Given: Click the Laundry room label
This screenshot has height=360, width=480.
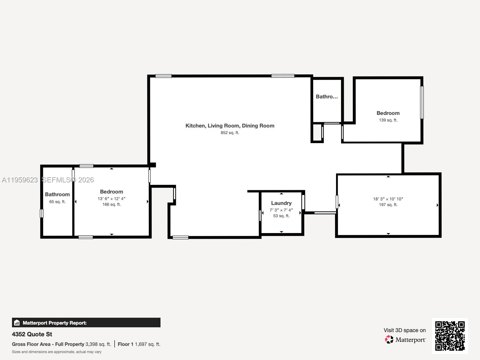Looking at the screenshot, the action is tap(281, 203).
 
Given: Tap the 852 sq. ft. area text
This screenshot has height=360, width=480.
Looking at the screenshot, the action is tap(230, 133).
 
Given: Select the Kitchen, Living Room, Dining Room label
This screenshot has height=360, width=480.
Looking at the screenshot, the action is tap(230, 126).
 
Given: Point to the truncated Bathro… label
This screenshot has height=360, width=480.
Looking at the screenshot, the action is tap(327, 97).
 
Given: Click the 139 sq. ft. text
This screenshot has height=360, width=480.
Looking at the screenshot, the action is tap(388, 120).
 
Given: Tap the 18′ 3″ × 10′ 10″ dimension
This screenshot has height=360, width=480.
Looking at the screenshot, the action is tap(388, 199).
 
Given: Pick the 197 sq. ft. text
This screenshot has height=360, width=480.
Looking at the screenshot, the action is tap(388, 205).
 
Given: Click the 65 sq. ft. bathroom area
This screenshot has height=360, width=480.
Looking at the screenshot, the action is tap(57, 202).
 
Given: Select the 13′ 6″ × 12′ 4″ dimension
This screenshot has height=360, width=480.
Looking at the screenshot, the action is tap(111, 199).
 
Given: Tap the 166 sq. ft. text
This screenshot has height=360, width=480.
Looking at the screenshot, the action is tap(111, 204).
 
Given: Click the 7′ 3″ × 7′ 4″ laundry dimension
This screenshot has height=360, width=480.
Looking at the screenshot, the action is tap(281, 210).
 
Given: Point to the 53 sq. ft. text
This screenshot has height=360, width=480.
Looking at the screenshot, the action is tap(281, 216).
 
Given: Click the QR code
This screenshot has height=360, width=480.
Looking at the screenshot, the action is tap(450, 336).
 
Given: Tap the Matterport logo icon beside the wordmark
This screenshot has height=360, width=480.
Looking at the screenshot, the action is tap(389, 340).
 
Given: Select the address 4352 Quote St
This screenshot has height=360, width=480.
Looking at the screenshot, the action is tap(32, 334).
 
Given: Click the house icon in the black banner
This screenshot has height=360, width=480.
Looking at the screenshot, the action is tap(17, 322).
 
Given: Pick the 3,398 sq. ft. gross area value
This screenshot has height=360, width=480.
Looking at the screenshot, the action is tap(98, 344).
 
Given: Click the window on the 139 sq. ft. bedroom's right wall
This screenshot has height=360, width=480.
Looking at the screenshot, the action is tap(422, 103).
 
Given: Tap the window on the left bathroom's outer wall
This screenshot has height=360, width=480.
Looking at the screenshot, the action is tap(41, 213).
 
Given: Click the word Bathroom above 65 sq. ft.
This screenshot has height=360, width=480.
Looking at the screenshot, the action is tap(57, 194).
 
